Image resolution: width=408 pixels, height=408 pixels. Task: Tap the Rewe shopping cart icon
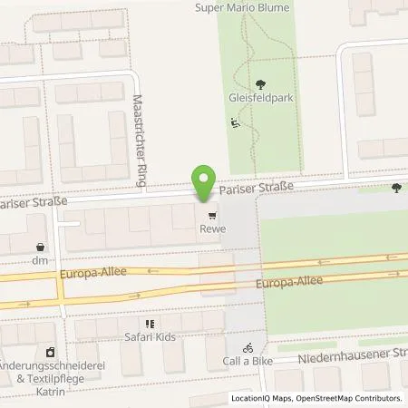(211, 216)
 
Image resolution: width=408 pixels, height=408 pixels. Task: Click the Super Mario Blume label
(242, 8)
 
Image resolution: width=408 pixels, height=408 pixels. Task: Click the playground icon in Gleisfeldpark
(237, 122)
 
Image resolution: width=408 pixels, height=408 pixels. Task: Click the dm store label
(40, 261)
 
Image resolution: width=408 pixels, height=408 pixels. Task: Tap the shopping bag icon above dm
(40, 247)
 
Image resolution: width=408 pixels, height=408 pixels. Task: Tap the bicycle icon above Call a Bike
(248, 347)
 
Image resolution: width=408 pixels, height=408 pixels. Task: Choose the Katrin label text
(50, 394)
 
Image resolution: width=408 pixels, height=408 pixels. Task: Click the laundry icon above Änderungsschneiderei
(49, 353)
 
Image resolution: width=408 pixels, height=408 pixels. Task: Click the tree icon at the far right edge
(395, 188)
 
